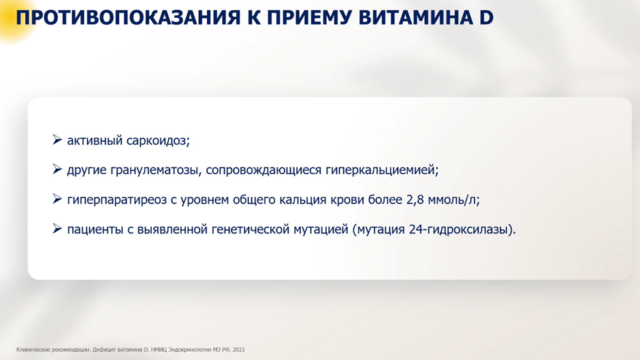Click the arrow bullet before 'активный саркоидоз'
(57, 140)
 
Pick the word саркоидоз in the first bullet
(158, 141)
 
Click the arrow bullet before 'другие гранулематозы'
(57, 169)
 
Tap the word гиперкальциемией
(382, 170)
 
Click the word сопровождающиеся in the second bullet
(263, 170)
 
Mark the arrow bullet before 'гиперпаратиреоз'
(57, 199)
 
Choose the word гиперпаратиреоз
(117, 200)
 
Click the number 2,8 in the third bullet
(415, 199)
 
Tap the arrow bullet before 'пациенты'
(57, 229)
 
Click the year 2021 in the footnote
(239, 350)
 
